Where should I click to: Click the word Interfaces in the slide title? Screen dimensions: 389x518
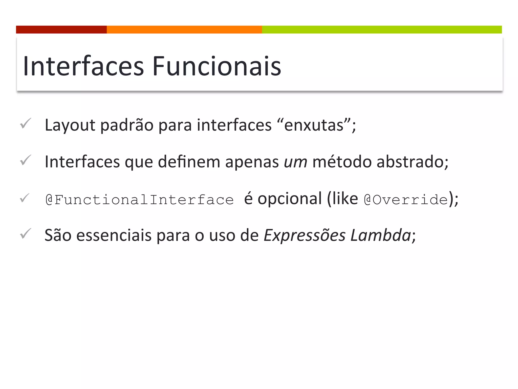click(x=83, y=66)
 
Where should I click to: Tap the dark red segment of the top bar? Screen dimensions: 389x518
click(x=61, y=29)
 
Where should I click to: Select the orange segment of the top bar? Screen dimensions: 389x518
click(x=184, y=29)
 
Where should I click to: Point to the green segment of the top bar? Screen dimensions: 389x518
click(x=382, y=29)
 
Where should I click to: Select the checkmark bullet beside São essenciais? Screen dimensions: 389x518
click(x=26, y=233)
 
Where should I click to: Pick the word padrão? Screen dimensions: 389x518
click(x=127, y=125)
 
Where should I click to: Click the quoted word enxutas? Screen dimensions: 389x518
click(x=314, y=125)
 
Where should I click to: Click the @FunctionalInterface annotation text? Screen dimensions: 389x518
click(x=140, y=200)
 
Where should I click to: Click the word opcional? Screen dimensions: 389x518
click(x=290, y=199)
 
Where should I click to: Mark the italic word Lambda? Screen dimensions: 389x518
click(x=381, y=235)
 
